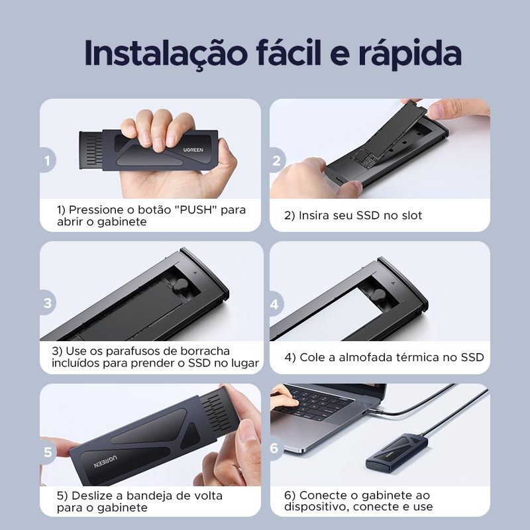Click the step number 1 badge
point(48,160)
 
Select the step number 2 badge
point(277,160)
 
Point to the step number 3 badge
point(48,303)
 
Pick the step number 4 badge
point(276,304)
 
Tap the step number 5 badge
point(48,452)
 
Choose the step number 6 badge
point(276,449)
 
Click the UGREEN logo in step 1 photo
point(193,150)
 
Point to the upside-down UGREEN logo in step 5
point(105,461)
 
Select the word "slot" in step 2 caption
point(411,215)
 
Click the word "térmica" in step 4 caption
point(417,357)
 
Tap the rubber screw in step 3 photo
point(181,286)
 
